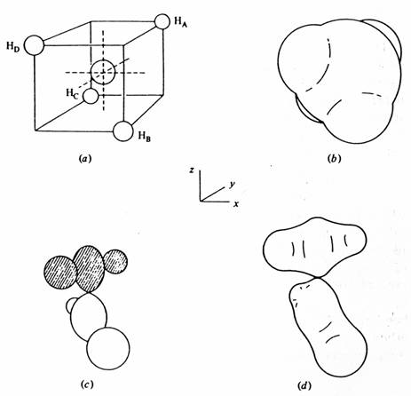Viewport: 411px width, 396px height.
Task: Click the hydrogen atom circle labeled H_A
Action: click(x=162, y=21)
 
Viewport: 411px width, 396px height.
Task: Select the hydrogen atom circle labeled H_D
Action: click(x=34, y=45)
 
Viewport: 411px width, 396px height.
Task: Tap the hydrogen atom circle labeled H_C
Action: click(x=91, y=96)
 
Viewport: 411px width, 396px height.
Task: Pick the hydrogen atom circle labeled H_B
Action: click(x=123, y=131)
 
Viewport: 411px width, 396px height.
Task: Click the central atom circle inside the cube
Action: click(x=102, y=72)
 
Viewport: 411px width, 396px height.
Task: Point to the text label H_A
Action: click(x=180, y=22)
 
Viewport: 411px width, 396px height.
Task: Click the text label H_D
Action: click(x=13, y=47)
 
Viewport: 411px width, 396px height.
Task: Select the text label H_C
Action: click(x=72, y=93)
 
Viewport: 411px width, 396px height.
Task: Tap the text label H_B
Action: click(x=145, y=137)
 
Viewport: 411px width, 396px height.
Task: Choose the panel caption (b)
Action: click(x=335, y=159)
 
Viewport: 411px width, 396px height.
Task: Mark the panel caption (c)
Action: click(x=87, y=384)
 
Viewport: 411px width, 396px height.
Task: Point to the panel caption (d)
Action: click(x=304, y=386)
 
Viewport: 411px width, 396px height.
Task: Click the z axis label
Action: click(x=192, y=170)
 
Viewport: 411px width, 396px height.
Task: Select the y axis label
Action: click(x=233, y=185)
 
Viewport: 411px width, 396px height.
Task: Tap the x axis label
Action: click(x=236, y=203)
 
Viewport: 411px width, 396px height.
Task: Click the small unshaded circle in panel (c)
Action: click(x=70, y=305)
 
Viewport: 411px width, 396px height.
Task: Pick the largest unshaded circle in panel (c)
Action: click(x=108, y=348)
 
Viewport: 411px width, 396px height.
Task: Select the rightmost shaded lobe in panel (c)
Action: click(x=115, y=261)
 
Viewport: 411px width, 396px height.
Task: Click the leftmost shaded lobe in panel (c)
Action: click(x=60, y=273)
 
